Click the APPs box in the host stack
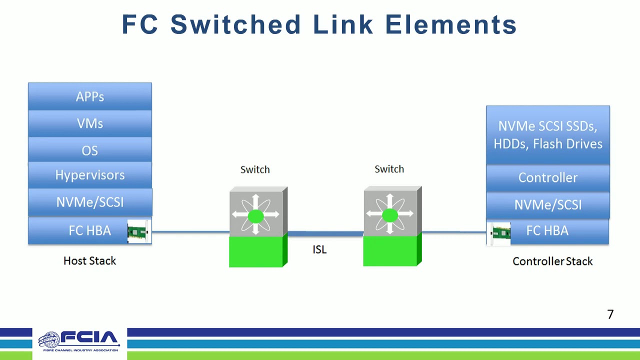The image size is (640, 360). pos(90,96)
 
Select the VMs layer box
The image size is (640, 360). pos(90,123)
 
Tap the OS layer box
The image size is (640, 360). pos(90,150)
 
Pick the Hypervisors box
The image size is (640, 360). pos(90,175)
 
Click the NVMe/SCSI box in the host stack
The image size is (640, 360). pos(90,202)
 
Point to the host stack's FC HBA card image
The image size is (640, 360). pos(139,231)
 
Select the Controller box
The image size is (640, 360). pos(547,178)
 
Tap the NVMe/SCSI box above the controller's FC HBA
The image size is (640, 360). pos(547,205)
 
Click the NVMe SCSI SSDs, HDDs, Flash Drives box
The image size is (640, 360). pos(547,135)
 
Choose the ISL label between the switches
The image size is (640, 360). pos(319,249)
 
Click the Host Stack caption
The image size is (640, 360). pos(89,260)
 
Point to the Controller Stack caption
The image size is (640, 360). pos(552,261)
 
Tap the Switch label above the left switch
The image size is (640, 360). pos(255,169)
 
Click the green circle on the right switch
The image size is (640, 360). pos(389,215)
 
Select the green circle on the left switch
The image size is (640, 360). pos(255,216)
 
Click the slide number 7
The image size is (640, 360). pos(610,314)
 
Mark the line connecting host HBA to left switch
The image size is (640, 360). pos(190,232)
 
